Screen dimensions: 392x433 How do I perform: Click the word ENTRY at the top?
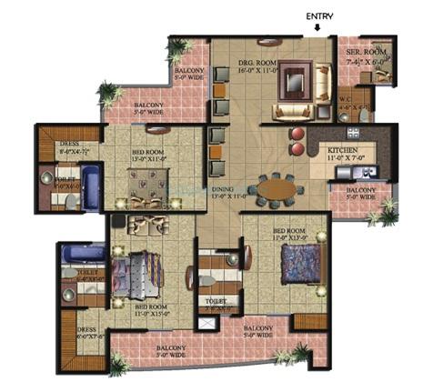click(318, 15)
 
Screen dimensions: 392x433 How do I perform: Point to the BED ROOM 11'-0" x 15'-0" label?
click(152, 310)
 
